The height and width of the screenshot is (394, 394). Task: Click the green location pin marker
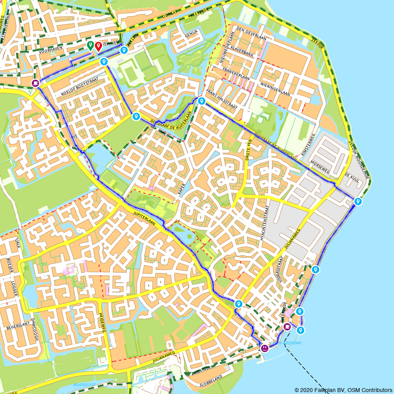(90, 46)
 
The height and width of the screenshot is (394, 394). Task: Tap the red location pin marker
(98, 46)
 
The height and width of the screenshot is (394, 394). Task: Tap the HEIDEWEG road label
(103, 323)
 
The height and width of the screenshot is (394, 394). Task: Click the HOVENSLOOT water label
(84, 385)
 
